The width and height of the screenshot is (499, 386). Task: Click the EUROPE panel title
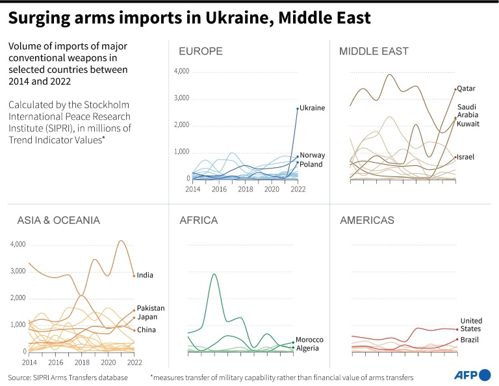(x=201, y=51)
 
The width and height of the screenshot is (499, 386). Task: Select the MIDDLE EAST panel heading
(x=374, y=51)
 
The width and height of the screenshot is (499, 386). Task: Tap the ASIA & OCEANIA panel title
(x=58, y=221)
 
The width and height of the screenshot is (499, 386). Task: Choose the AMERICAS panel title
(x=367, y=221)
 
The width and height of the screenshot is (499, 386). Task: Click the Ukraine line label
(x=313, y=108)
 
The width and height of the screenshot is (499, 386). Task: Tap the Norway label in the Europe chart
(x=313, y=156)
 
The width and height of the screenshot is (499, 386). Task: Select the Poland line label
(x=311, y=165)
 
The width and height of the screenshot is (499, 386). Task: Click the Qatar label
(x=467, y=89)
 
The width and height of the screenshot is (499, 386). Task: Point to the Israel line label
(x=467, y=158)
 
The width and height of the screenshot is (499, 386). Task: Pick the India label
(x=145, y=275)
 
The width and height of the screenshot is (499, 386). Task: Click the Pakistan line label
(x=151, y=308)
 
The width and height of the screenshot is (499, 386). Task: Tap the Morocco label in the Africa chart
(x=309, y=340)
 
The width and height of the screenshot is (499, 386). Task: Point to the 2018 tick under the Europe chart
(x=246, y=189)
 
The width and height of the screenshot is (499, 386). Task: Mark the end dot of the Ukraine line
(x=298, y=108)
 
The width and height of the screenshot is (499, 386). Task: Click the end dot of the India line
(x=134, y=275)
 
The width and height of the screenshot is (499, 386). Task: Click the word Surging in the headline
(x=41, y=18)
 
